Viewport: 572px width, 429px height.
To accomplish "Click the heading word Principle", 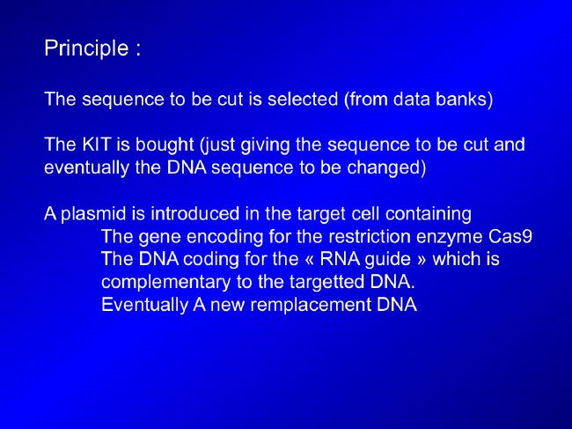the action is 86,49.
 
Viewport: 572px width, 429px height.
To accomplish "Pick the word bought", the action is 165,145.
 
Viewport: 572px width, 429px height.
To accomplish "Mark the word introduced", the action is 195,213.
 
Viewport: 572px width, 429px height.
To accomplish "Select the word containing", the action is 429,214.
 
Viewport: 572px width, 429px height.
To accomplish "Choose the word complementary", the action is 166,283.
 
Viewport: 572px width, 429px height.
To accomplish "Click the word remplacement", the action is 311,305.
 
